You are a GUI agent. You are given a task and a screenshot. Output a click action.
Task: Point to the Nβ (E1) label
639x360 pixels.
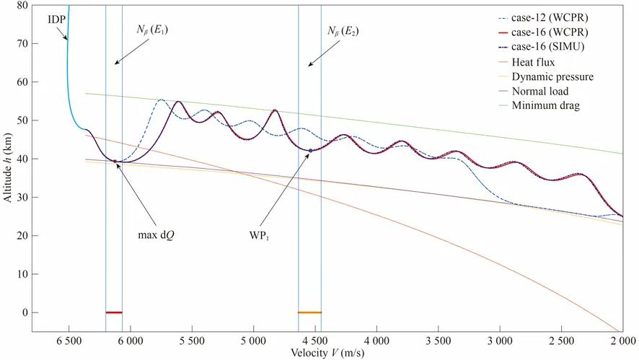coord(151,30)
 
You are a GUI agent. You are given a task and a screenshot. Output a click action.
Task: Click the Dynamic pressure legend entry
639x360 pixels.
coord(552,77)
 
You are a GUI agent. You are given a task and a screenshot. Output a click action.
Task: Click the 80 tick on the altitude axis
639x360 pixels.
coord(22,6)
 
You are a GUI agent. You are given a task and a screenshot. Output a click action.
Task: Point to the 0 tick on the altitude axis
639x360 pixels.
coord(25,312)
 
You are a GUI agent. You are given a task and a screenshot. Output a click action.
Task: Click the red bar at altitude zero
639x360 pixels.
coord(114,312)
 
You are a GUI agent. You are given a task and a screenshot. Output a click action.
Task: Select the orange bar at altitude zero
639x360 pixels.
coord(309,312)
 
